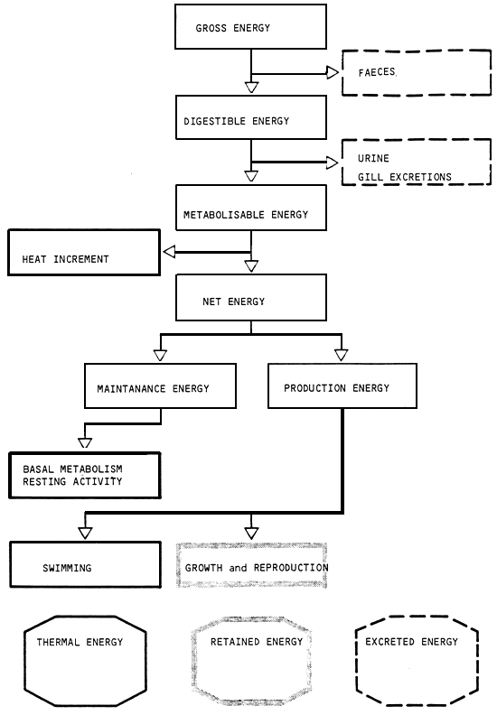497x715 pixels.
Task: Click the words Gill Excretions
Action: pos(397,177)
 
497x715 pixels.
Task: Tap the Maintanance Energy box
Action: pos(160,387)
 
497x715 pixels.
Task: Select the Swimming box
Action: pos(84,566)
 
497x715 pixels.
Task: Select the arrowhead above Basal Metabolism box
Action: pos(85,442)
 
